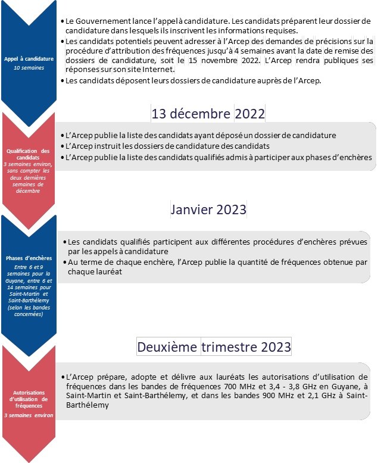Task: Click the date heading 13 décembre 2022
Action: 208,113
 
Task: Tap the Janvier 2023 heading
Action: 208,210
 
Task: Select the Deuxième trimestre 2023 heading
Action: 214,346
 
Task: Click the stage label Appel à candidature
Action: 29,60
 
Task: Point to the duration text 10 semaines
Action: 29,68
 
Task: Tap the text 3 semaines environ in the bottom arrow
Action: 29,415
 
